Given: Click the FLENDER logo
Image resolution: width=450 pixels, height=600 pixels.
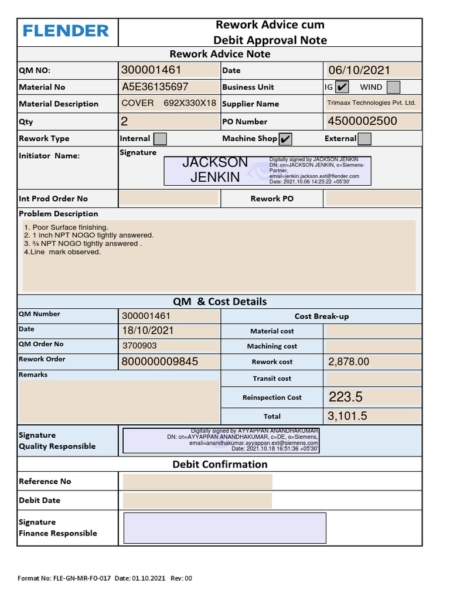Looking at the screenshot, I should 66,31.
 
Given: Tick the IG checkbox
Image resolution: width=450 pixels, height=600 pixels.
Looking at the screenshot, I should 342,87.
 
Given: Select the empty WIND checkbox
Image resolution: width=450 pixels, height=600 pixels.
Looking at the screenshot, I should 394,87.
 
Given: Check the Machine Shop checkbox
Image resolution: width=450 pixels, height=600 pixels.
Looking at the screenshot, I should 285,139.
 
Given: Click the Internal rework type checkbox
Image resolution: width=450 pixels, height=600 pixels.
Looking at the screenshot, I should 159,139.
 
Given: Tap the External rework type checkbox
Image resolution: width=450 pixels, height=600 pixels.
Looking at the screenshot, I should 364,139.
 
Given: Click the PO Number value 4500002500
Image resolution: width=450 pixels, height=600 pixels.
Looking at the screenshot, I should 363,121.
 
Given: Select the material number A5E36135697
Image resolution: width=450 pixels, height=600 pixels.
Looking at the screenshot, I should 155,87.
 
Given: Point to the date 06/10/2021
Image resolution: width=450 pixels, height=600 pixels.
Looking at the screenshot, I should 359,70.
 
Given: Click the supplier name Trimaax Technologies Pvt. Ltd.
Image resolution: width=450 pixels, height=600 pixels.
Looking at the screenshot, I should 371,103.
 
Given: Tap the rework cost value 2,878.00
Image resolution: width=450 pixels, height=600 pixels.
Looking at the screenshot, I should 349,362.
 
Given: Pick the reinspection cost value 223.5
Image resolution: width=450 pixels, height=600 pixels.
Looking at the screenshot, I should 346,397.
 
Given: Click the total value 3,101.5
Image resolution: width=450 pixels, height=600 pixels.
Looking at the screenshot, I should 347,417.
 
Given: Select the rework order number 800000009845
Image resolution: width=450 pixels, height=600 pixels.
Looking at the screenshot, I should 160,362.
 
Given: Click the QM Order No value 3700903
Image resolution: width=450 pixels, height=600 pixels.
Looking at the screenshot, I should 139,346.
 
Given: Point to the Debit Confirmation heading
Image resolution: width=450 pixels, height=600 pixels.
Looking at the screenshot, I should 220,465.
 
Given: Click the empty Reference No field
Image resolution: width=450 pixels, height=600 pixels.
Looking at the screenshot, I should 197,482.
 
